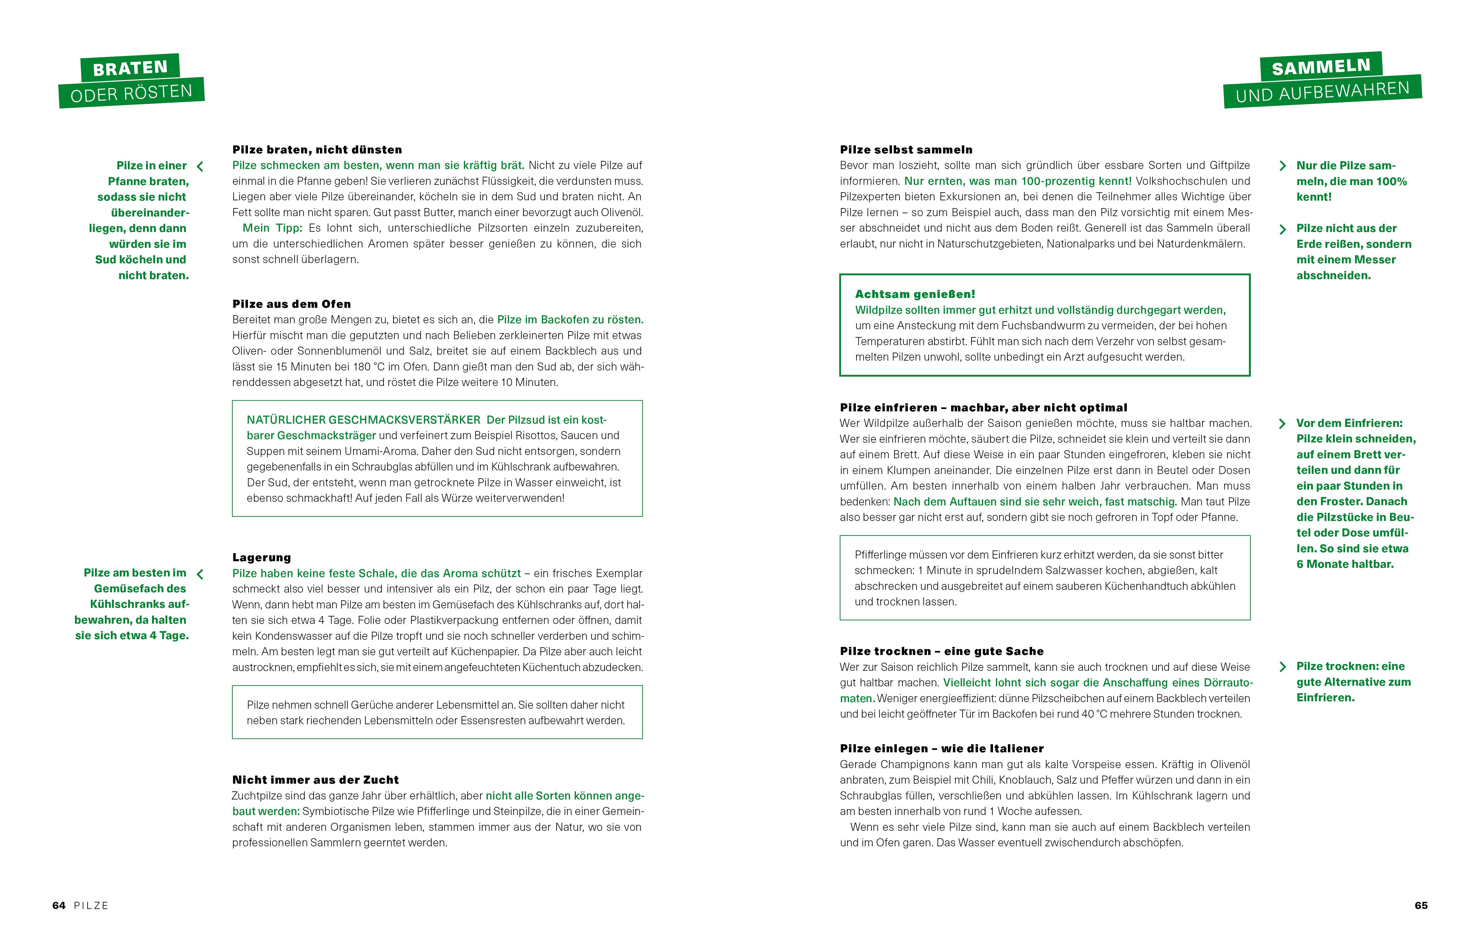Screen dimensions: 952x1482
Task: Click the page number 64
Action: point(59,906)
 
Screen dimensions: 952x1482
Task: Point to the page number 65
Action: point(1421,906)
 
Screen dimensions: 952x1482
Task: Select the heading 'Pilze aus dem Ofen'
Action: point(291,304)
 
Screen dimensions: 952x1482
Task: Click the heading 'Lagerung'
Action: point(262,558)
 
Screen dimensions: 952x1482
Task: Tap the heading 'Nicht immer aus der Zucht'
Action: point(315,780)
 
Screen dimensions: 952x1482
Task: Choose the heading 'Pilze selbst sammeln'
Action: point(905,150)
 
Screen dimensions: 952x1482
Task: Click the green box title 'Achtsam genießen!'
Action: point(915,294)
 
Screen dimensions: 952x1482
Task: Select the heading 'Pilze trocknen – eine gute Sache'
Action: point(941,652)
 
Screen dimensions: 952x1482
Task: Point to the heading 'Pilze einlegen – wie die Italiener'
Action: point(941,749)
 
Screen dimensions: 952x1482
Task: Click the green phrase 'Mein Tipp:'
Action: point(272,228)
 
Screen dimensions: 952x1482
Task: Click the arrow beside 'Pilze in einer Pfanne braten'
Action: point(200,166)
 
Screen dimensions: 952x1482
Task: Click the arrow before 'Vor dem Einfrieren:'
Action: point(1282,424)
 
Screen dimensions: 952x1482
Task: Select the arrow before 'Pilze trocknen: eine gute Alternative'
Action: point(1282,667)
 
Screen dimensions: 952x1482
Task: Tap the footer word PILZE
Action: point(91,906)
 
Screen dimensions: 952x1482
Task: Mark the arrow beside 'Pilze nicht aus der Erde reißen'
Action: point(1282,229)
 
